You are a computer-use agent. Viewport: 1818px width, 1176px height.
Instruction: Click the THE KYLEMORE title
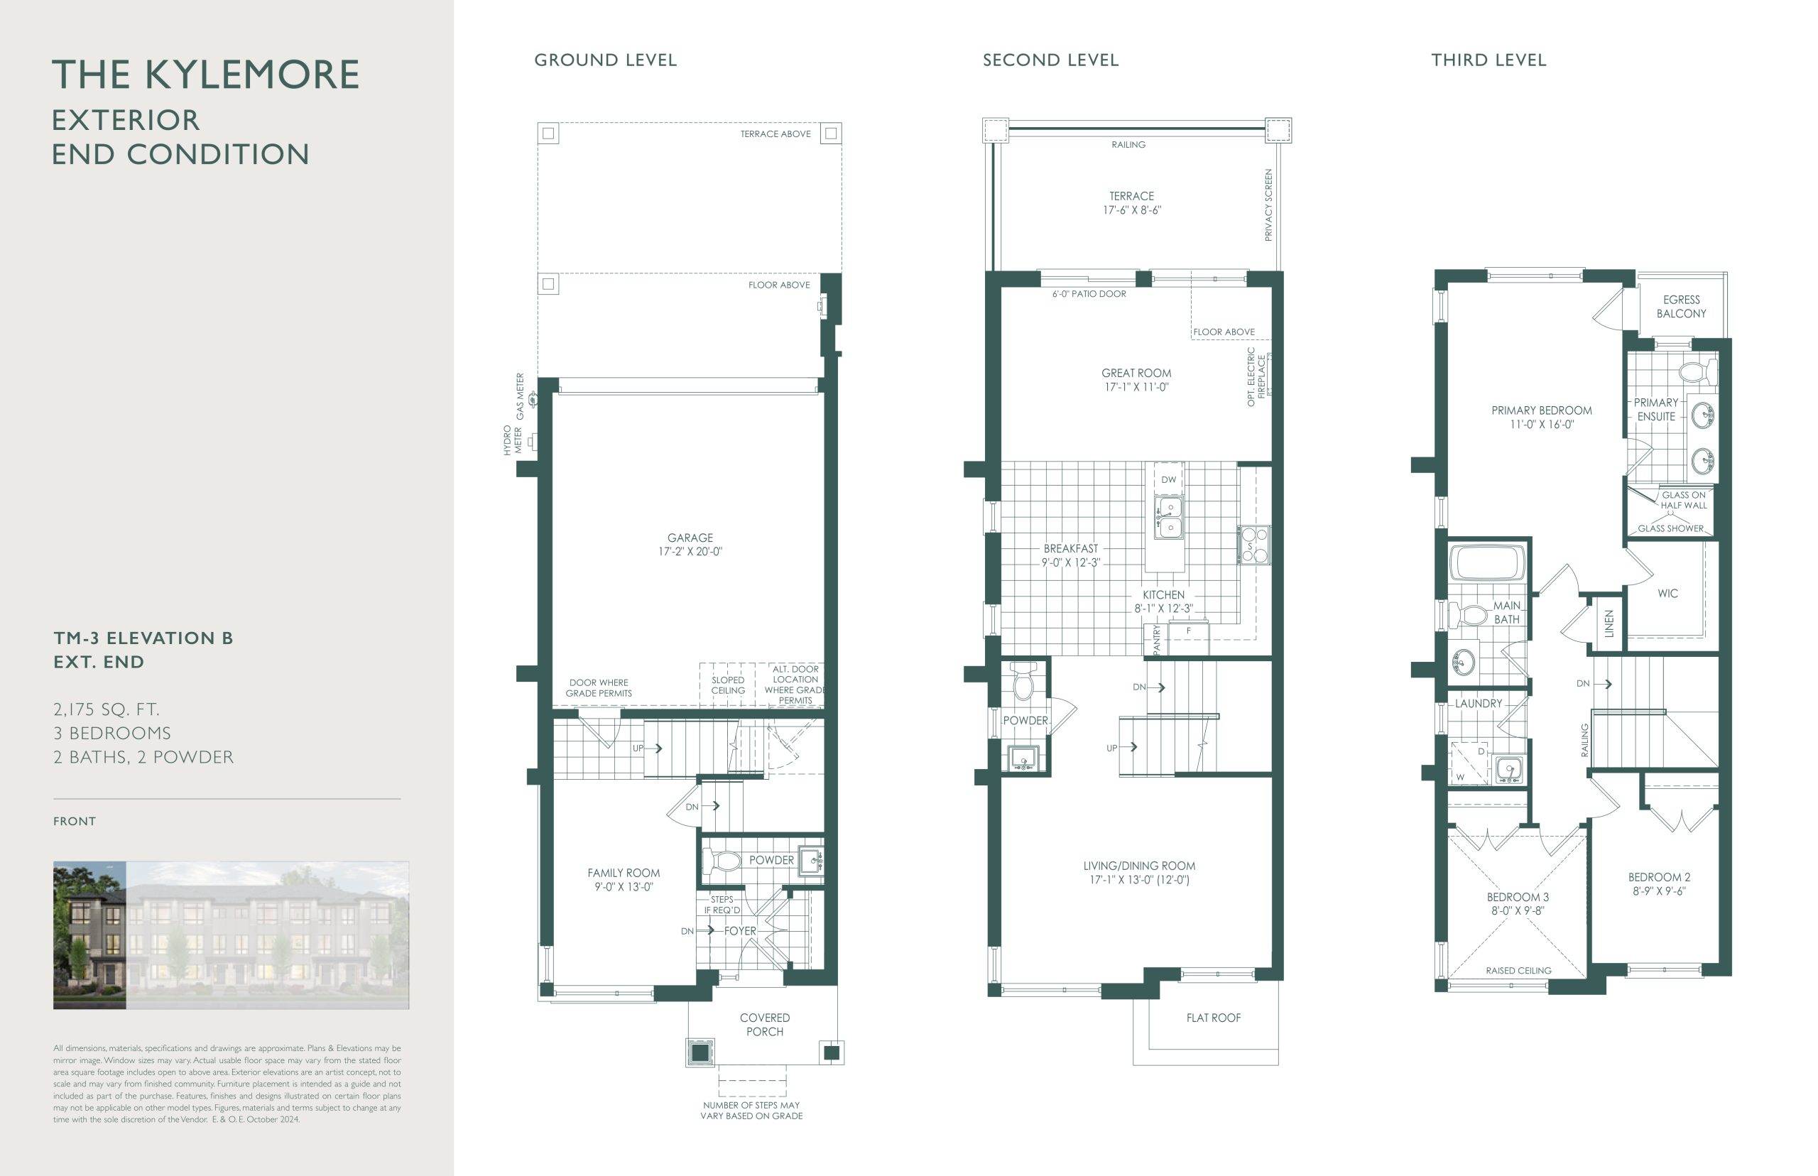point(205,75)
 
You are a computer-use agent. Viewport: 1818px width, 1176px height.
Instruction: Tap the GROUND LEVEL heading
point(606,60)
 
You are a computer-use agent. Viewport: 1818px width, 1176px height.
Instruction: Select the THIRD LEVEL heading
point(1489,60)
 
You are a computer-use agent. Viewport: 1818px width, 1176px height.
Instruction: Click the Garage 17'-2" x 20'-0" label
point(690,545)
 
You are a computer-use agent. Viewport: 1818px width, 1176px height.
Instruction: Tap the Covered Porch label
point(765,1025)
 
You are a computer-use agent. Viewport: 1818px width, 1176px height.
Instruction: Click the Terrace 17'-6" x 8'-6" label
point(1131,203)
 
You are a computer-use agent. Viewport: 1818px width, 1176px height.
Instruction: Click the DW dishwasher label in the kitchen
point(1169,479)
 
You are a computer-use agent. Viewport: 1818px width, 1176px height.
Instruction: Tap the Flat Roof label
point(1213,1018)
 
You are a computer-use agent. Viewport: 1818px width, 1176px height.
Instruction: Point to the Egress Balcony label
point(1682,307)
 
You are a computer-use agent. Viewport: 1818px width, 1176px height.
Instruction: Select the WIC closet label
point(1667,594)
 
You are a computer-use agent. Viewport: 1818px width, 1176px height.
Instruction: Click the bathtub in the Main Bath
point(1487,563)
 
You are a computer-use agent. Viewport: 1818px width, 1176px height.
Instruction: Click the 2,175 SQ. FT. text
point(106,709)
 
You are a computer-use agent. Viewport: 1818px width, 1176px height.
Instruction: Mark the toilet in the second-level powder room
point(1023,680)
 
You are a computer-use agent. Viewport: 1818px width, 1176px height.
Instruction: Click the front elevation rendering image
point(231,935)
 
